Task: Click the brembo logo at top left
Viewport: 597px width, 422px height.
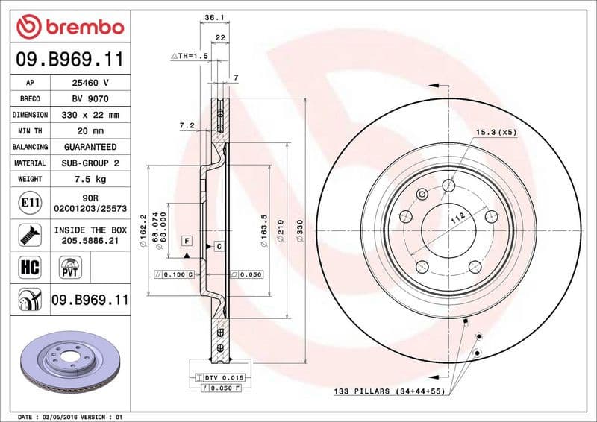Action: pos(69,28)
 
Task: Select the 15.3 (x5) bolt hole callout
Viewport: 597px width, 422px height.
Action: pos(496,132)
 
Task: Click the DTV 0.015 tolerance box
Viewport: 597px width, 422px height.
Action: pos(223,379)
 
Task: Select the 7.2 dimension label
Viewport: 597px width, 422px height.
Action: pos(187,125)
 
